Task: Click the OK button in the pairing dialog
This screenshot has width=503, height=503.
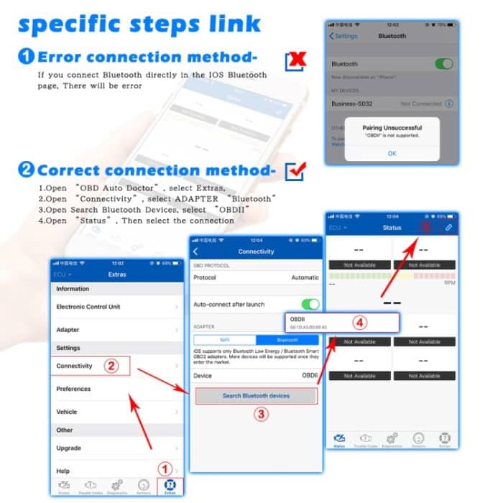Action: pos(392,153)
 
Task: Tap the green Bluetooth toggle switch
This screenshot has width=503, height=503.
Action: pos(443,64)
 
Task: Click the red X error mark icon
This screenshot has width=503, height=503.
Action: pos(296,62)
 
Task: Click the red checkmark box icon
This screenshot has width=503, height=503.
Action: pos(295,171)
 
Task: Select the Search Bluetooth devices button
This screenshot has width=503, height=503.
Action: pos(256,395)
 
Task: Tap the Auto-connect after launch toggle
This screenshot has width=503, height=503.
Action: pos(310,304)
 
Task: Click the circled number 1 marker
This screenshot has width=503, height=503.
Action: pos(164,469)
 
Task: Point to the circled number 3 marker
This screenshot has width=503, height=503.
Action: pos(262,414)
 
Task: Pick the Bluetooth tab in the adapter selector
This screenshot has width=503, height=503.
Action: pos(287,339)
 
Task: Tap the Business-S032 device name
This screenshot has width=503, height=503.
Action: pos(351,103)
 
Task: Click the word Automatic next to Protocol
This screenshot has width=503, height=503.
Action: pos(305,277)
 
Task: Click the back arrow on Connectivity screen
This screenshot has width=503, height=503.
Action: pos(196,251)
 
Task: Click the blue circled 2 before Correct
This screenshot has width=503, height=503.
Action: pos(26,171)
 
